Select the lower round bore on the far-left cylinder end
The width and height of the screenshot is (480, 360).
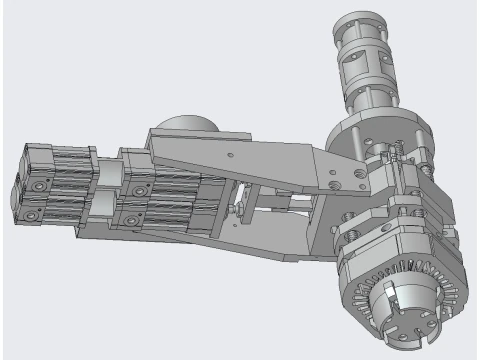coord(37,212)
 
